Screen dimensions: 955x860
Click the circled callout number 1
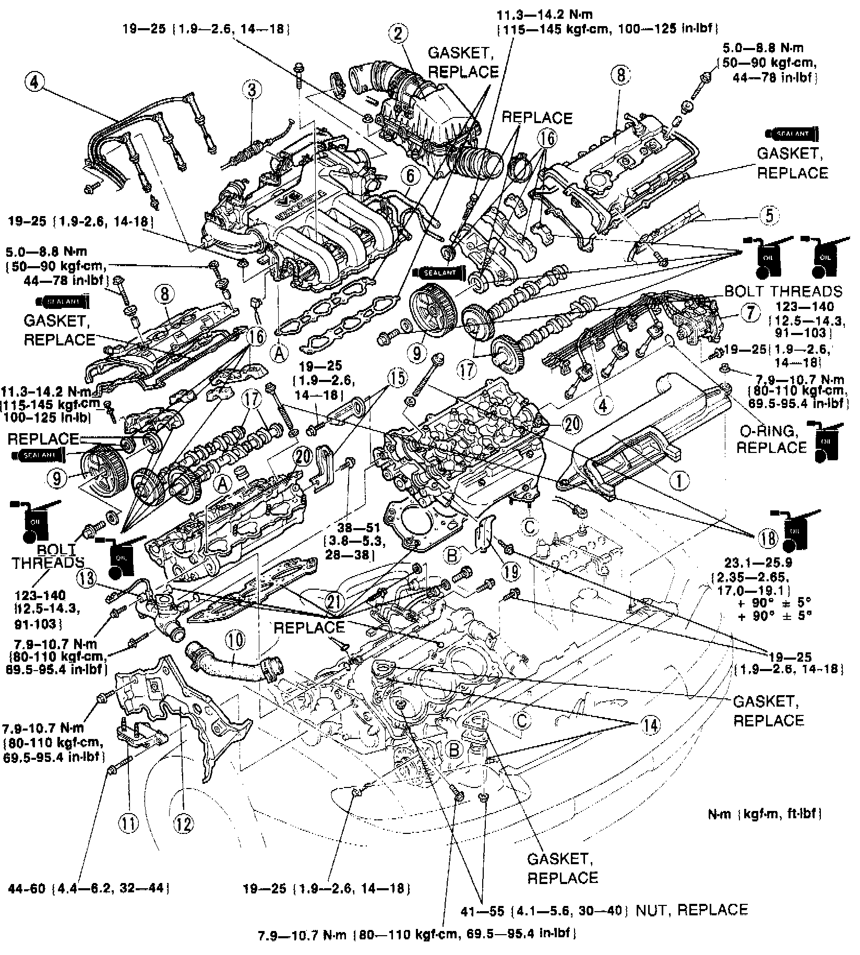coord(679,480)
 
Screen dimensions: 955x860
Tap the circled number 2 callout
coord(399,34)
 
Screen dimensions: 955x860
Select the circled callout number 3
coord(252,90)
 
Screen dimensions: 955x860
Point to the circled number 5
coord(769,216)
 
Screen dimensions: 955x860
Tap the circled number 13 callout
coord(89,578)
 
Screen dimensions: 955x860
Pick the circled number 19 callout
coord(511,572)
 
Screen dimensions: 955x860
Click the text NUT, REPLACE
coord(691,910)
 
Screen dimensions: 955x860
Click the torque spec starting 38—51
coord(355,542)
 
